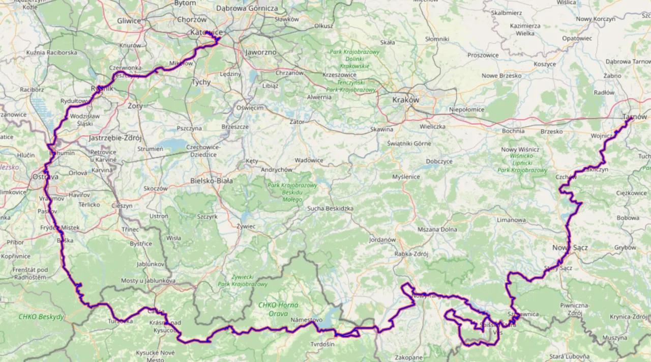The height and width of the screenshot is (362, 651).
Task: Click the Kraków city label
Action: pos(405,100)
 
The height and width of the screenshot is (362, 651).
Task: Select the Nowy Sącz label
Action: pos(570,247)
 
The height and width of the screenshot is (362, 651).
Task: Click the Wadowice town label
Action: pos(309,160)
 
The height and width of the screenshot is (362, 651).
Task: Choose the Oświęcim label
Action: pos(249,108)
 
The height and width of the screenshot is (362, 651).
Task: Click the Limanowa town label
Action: pos(511,220)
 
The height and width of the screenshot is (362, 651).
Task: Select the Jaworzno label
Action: pos(260,52)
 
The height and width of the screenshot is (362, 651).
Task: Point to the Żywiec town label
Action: pos(246,226)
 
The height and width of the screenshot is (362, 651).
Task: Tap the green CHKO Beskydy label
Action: pos(41,317)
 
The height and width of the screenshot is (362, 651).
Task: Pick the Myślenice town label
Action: pos(406,177)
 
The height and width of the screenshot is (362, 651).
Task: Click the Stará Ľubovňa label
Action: pos(569,356)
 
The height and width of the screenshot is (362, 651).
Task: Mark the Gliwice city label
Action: pos(129,21)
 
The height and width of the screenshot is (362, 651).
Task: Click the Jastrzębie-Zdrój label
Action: pos(115,137)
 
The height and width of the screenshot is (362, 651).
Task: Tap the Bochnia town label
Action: pos(513,131)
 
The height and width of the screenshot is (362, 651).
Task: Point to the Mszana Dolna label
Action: pos(437,230)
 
